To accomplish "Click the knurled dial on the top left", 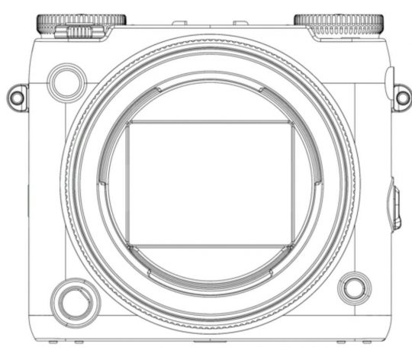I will click(81, 21).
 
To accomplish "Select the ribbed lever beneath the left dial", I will click(79, 32).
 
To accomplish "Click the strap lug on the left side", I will click(17, 96).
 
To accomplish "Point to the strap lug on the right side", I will click(401, 96).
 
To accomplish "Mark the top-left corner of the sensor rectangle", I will click(128, 123).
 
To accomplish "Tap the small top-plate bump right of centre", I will click(240, 24).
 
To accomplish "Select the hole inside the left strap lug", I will click(16, 96).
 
